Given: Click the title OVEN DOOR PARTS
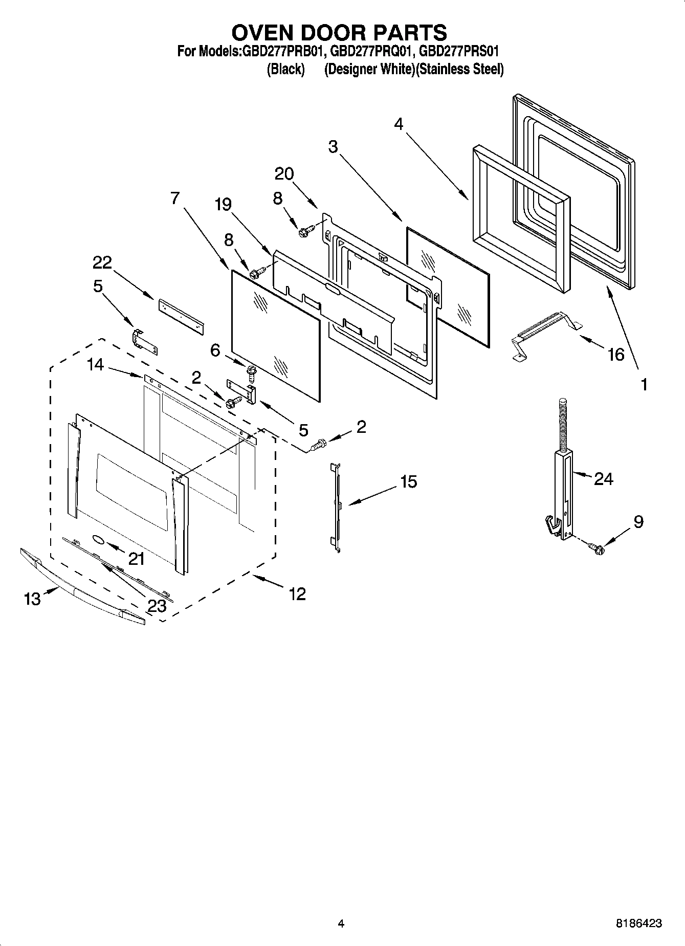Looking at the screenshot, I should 339,32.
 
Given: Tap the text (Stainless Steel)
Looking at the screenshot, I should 459,70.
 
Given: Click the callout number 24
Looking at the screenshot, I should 603,479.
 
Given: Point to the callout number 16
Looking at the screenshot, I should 616,354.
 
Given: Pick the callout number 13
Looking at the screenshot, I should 32,599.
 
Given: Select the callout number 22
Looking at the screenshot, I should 102,262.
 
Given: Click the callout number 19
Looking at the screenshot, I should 223,205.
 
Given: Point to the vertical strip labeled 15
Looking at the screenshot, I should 338,507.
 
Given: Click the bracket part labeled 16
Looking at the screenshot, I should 545,333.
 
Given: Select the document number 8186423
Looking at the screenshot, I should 638,923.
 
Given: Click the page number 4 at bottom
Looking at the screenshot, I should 341,923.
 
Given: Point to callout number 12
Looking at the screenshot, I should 297,594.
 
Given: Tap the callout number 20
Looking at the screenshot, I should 284,174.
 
